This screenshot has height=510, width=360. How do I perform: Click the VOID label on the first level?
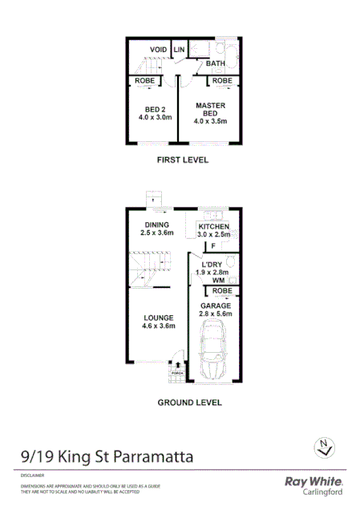coord(158,50)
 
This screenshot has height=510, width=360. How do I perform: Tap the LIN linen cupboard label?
coord(180,50)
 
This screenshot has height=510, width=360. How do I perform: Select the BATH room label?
coord(215,63)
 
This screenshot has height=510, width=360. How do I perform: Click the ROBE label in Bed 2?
coord(145,81)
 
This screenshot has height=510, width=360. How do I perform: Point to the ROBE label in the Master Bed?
coord(222,81)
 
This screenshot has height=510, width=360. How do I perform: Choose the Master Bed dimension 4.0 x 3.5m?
coord(210,122)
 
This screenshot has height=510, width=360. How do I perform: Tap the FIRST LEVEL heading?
coord(182,160)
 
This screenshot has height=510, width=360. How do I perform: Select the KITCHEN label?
coord(214,228)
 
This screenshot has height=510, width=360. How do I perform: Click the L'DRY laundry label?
coord(212,265)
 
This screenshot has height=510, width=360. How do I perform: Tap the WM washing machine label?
coord(218,281)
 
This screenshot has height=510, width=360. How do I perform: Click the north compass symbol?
coord(323,447)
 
